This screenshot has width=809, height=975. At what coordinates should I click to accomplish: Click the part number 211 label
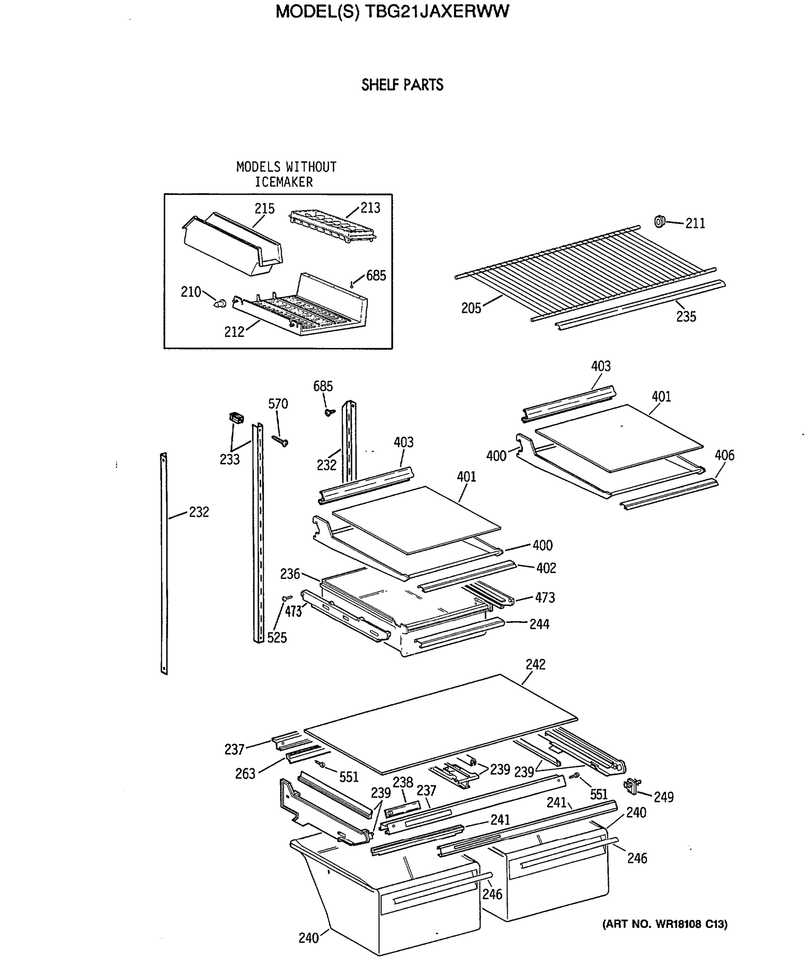(x=695, y=224)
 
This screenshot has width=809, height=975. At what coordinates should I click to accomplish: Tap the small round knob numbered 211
(x=659, y=221)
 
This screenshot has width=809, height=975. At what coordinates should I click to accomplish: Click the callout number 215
(x=264, y=209)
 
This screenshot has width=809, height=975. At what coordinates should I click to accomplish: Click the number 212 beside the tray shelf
(x=234, y=332)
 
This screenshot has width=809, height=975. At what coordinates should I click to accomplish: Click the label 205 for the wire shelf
(x=471, y=308)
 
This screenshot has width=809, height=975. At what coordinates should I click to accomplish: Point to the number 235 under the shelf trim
(x=686, y=316)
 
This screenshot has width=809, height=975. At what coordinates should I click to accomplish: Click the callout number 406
(x=724, y=455)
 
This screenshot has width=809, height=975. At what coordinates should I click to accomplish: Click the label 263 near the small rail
(x=245, y=774)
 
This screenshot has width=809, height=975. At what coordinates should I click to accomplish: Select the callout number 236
(x=290, y=574)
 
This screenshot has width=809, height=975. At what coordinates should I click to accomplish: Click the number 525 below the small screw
(x=277, y=638)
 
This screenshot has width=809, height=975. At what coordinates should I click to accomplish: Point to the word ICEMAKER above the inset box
(x=284, y=182)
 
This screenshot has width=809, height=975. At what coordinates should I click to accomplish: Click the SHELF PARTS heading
(x=402, y=85)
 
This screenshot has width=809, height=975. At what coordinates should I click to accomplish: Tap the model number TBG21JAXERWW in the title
(x=437, y=11)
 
